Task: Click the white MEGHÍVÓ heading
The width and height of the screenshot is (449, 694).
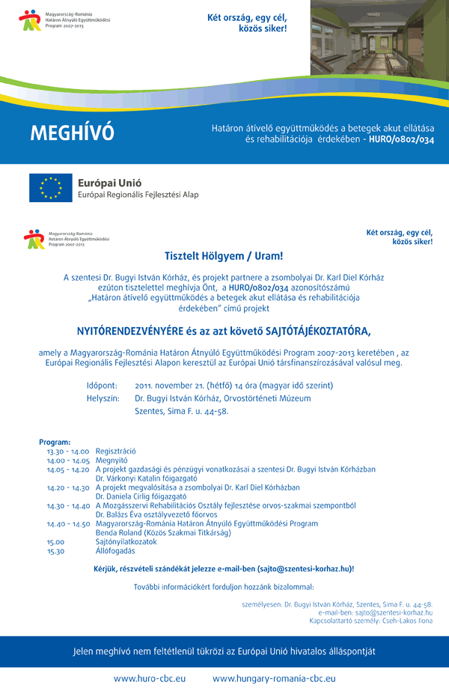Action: (x=72, y=133)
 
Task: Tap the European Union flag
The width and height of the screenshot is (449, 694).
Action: (x=51, y=188)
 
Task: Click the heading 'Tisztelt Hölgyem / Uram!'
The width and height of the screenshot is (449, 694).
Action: (x=224, y=256)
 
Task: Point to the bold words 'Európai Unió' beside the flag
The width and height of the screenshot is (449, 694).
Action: (x=109, y=182)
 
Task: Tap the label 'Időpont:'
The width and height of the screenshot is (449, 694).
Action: (x=102, y=386)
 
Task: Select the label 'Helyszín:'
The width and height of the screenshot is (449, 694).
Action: (x=103, y=398)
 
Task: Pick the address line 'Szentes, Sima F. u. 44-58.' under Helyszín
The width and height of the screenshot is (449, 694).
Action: (x=181, y=411)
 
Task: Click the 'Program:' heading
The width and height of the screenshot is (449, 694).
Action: (x=55, y=442)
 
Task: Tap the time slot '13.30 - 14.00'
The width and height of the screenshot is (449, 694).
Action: (x=68, y=451)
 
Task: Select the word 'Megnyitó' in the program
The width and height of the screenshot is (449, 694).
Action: (x=111, y=460)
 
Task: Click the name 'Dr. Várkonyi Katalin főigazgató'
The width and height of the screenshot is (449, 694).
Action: (x=146, y=478)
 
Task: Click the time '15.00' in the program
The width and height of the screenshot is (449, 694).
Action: (x=55, y=541)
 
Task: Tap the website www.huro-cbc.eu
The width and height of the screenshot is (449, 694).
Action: (x=150, y=678)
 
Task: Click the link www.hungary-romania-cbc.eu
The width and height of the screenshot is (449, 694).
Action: (x=274, y=678)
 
